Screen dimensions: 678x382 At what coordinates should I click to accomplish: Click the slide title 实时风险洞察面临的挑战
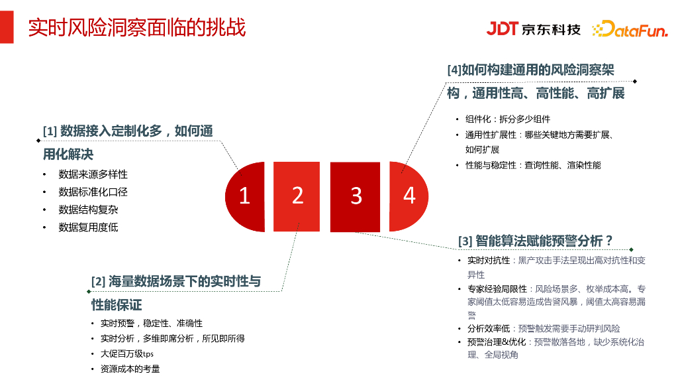coord(136,28)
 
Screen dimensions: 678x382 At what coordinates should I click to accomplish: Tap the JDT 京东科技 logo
coord(534,29)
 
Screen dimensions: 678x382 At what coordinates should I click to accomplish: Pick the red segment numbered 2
coord(297,195)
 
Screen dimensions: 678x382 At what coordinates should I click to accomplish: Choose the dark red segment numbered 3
coord(356,196)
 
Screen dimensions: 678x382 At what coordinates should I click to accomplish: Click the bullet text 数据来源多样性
coord(93,174)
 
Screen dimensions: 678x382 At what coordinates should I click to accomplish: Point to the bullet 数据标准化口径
coord(93,192)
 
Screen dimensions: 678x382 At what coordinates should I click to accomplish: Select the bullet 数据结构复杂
coord(88,210)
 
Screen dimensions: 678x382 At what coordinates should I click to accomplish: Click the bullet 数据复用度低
coord(88,227)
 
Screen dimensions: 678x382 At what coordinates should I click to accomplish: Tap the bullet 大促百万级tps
coord(127,353)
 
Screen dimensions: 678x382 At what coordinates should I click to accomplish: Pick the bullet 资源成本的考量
coord(130,369)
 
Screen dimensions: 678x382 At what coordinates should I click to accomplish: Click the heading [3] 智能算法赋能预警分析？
coord(536,241)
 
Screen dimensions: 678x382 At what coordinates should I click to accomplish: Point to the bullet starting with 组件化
coord(508,119)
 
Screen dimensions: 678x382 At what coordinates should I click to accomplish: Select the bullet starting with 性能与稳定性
coord(533,165)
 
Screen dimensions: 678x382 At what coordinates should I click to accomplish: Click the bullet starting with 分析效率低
coord(543,328)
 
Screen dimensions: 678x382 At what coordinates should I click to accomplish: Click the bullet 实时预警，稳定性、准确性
coord(152,323)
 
